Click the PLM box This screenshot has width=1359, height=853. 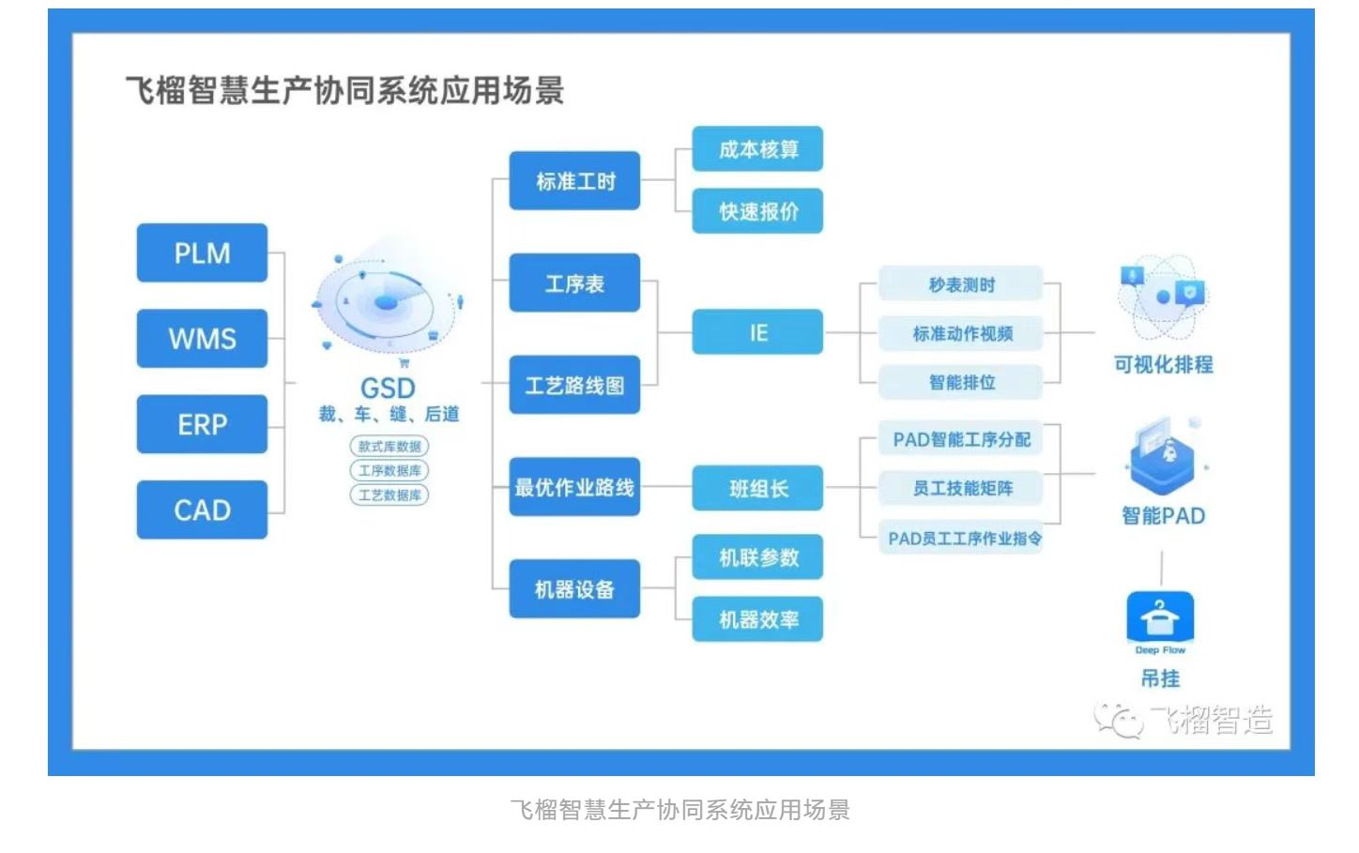tap(202, 253)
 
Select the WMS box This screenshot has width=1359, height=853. tap(202, 339)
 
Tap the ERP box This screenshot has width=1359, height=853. tap(202, 424)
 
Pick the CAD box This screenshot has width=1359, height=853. tap(202, 510)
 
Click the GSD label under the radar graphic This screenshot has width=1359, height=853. tap(388, 388)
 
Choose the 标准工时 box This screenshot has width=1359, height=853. tap(574, 181)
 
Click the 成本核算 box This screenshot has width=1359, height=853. tap(757, 149)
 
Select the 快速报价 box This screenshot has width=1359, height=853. tap(757, 211)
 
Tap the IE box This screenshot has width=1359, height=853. tap(757, 332)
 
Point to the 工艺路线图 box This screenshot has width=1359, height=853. tap(574, 385)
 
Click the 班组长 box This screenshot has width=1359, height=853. tap(757, 488)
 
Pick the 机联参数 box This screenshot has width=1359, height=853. tap(757, 557)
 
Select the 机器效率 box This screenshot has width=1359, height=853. tap(757, 619)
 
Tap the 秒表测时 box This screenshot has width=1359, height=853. tap(961, 284)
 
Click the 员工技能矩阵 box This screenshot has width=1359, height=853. tap(961, 488)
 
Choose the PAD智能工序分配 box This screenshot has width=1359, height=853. tap(961, 439)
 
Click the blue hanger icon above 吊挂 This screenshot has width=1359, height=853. tap(1160, 617)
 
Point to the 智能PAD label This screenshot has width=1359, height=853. tap(1163, 515)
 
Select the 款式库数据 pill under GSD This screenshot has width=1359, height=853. tap(389, 447)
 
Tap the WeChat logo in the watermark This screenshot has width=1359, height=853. tap(1118, 721)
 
